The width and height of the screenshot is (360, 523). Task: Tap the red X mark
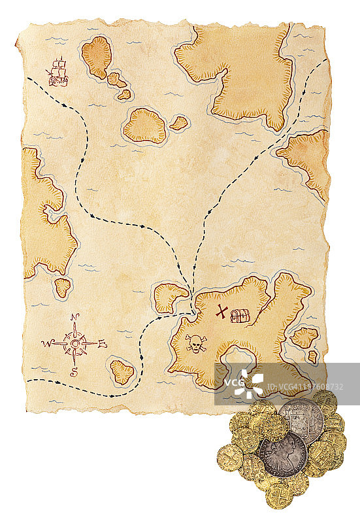coord(222,312)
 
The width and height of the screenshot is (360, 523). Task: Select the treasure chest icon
coord(240,316)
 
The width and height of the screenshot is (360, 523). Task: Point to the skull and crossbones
coord(195,344)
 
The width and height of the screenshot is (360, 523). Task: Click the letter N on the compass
coord(75,318)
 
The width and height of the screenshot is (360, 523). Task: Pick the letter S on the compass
coord(74,373)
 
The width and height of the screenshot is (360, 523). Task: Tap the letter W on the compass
coord(46,343)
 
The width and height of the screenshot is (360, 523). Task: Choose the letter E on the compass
coord(103,344)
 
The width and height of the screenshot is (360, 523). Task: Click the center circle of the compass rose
coord(75,343)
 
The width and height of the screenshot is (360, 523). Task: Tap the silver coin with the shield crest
coord(301,418)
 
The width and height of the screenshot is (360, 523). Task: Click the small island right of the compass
coord(122,371)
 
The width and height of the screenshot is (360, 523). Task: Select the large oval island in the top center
coord(144,126)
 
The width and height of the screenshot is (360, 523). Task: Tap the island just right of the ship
coord(97,57)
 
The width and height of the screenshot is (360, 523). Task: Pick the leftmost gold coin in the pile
coord(229,457)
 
